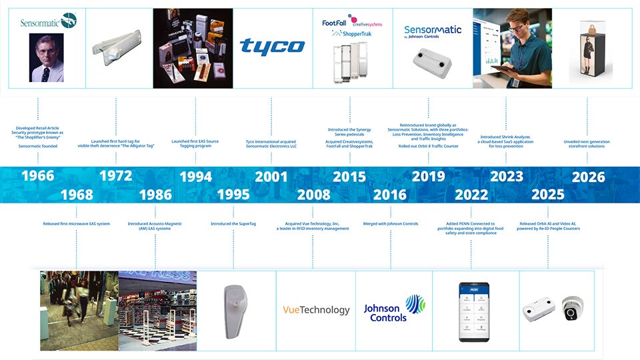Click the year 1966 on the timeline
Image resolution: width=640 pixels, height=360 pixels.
37,177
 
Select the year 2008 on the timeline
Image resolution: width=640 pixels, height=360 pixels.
313,195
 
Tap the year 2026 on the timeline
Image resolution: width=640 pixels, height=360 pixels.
588,177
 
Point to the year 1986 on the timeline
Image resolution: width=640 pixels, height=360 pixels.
155,195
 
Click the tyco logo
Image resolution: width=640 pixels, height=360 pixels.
272,46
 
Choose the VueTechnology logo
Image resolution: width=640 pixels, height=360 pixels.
316,310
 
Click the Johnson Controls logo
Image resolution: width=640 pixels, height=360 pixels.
393,309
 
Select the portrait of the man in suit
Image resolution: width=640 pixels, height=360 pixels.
47,58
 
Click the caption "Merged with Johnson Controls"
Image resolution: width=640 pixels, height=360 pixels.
391,223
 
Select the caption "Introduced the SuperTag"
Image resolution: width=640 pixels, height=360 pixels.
233,223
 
